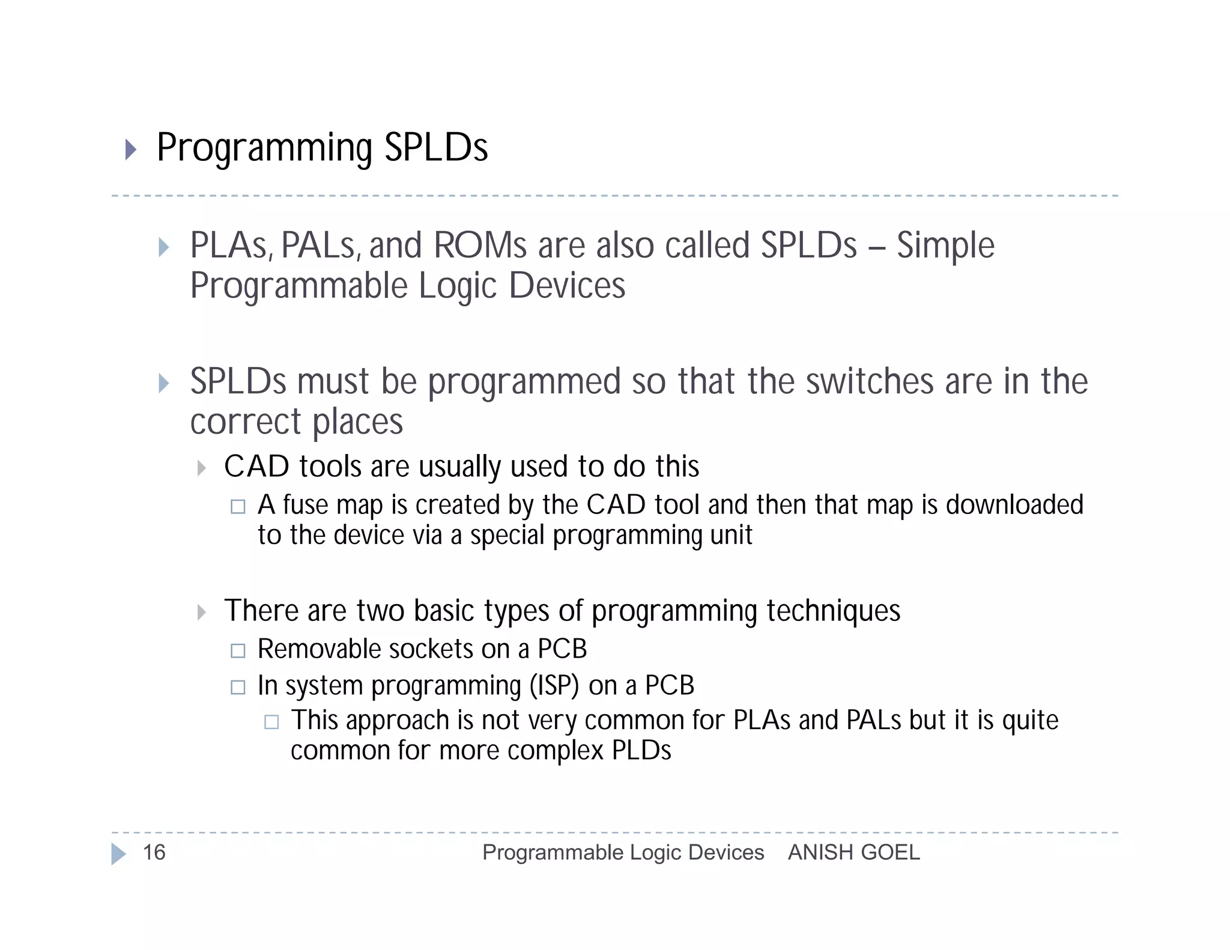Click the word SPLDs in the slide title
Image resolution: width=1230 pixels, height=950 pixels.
pyautogui.click(x=436, y=148)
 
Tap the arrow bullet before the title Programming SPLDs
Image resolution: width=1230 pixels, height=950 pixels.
pyautogui.click(x=130, y=149)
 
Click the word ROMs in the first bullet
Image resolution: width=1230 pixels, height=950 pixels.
pyautogui.click(x=480, y=246)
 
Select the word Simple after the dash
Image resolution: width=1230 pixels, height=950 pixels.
pyautogui.click(x=945, y=246)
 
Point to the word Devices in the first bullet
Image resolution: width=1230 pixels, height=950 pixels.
pyautogui.click(x=567, y=286)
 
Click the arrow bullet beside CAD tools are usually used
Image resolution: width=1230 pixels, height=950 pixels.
pyautogui.click(x=202, y=468)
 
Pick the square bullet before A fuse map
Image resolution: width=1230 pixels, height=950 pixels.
pyautogui.click(x=238, y=507)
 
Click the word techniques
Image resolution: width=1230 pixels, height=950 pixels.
pyautogui.click(x=833, y=611)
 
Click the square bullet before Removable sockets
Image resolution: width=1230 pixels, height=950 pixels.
pyautogui.click(x=238, y=651)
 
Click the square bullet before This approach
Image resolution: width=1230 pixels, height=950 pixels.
pyautogui.click(x=271, y=722)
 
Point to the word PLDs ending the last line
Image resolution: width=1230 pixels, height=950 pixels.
pyautogui.click(x=641, y=751)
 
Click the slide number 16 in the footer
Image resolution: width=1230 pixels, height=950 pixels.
pyautogui.click(x=154, y=853)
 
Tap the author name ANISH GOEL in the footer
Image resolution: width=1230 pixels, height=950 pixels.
pyautogui.click(x=853, y=853)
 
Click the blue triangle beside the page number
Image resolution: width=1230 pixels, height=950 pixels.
pyautogui.click(x=118, y=854)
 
